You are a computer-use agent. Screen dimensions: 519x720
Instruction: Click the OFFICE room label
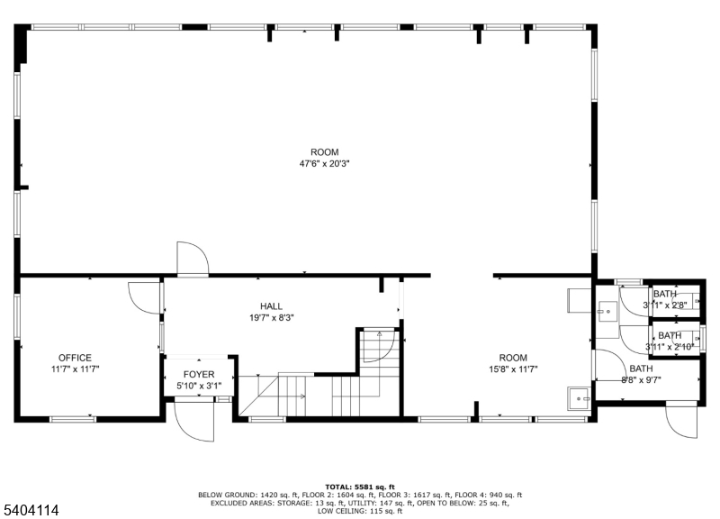[76, 358]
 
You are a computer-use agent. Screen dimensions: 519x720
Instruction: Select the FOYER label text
[199, 374]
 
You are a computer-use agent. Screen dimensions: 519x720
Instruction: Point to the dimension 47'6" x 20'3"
[325, 164]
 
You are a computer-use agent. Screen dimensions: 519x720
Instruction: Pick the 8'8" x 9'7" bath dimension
[641, 380]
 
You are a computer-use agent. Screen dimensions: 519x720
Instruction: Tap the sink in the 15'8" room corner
[575, 396]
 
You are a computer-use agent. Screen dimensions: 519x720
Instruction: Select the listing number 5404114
[30, 510]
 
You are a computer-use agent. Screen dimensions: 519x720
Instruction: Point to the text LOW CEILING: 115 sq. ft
[360, 512]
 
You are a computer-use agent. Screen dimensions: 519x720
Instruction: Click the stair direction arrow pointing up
[380, 336]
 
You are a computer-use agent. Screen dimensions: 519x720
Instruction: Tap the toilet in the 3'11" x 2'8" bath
[692, 302]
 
